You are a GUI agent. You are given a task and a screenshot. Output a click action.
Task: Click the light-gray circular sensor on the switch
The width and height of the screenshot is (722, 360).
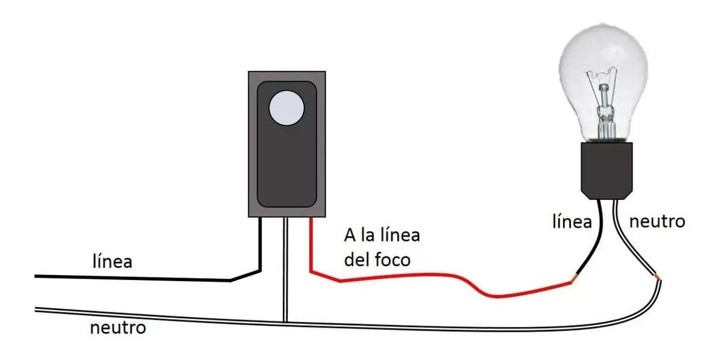286,108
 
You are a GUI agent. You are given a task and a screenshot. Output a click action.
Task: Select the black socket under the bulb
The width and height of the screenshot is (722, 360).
606,170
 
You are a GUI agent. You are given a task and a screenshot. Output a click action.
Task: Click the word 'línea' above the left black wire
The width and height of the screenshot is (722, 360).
113,261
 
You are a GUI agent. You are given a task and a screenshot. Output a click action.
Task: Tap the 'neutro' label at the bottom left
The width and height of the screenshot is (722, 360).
118,327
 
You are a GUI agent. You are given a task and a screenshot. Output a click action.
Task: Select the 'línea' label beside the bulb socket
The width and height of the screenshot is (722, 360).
572,222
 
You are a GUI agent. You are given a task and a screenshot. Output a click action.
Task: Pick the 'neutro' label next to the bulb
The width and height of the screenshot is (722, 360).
657,222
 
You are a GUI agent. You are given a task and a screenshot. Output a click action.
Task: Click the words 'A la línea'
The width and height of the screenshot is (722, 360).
382,235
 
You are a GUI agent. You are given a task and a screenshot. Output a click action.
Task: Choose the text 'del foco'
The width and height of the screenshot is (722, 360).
377,259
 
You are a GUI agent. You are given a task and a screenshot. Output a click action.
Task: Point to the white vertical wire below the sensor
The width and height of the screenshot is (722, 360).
285,270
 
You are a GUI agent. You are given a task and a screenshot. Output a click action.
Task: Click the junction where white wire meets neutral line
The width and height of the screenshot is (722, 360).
285,322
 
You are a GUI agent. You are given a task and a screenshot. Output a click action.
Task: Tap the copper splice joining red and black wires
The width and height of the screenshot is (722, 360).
575,278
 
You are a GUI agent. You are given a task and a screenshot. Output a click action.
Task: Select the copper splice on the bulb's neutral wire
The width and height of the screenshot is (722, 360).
658,277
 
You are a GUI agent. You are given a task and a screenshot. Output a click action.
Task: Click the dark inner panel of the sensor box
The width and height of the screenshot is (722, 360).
286,144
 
